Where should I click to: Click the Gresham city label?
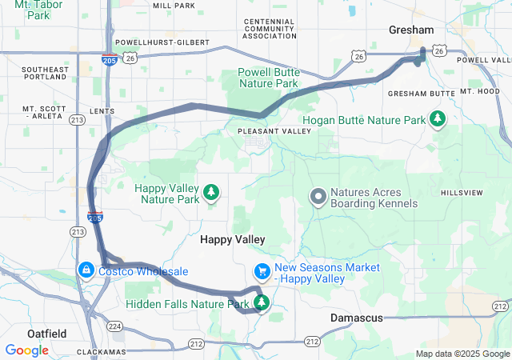click(411, 30)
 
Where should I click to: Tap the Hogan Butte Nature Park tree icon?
click(438, 120)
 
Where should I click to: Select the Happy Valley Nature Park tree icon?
click(211, 192)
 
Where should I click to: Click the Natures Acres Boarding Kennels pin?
click(318, 196)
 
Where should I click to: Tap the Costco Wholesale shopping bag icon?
click(85, 271)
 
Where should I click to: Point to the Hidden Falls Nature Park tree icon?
click(261, 302)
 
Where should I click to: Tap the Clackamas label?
click(103, 352)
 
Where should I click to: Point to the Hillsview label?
click(462, 193)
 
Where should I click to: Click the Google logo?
click(26, 350)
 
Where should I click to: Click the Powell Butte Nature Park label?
click(268, 78)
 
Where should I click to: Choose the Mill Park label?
click(173, 6)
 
